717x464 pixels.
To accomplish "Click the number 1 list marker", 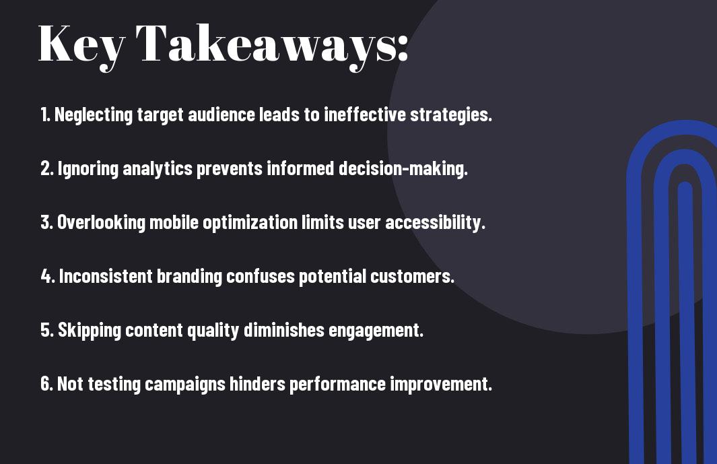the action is (x=45, y=114).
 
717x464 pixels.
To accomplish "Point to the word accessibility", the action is (x=435, y=223).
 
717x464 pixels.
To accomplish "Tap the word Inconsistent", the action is (x=106, y=276).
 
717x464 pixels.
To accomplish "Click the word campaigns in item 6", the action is (x=185, y=385).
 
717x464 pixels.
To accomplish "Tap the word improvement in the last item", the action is (x=441, y=385).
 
